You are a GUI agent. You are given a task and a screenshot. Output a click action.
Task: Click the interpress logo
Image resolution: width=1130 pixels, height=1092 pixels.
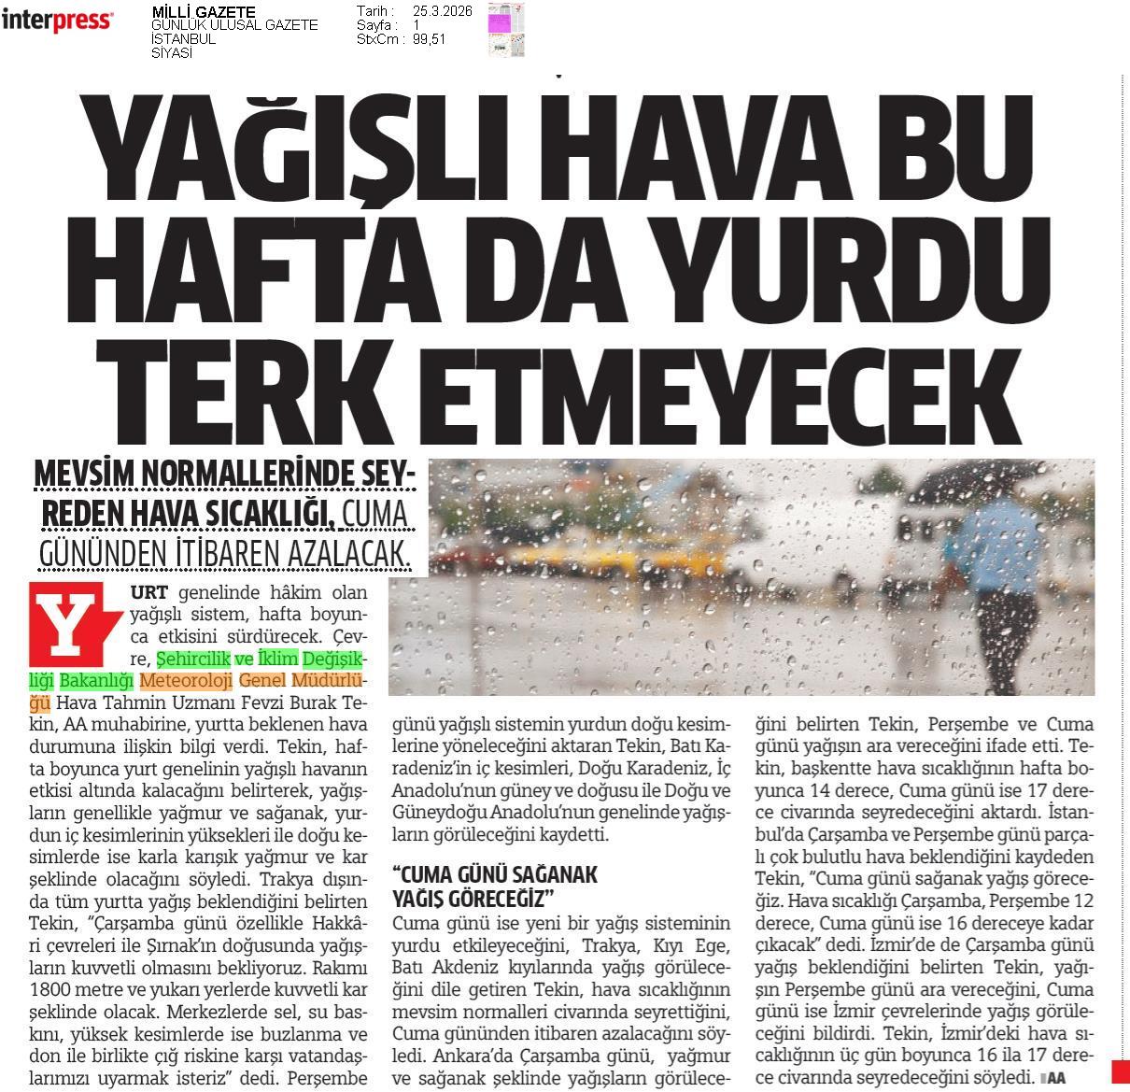57,21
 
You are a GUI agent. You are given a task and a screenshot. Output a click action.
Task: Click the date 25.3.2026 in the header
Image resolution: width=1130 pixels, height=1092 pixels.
442,11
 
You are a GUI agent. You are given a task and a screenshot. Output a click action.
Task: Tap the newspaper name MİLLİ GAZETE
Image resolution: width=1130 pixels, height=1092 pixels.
203,11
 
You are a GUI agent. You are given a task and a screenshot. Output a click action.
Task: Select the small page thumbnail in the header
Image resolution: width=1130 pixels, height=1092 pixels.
506,29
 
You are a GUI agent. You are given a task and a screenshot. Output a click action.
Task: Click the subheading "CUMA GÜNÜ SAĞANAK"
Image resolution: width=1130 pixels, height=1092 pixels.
495,874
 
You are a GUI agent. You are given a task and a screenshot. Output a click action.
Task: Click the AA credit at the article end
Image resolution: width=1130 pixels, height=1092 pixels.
1054,1077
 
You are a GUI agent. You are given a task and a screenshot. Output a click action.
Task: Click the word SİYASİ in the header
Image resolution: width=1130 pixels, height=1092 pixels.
172,53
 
